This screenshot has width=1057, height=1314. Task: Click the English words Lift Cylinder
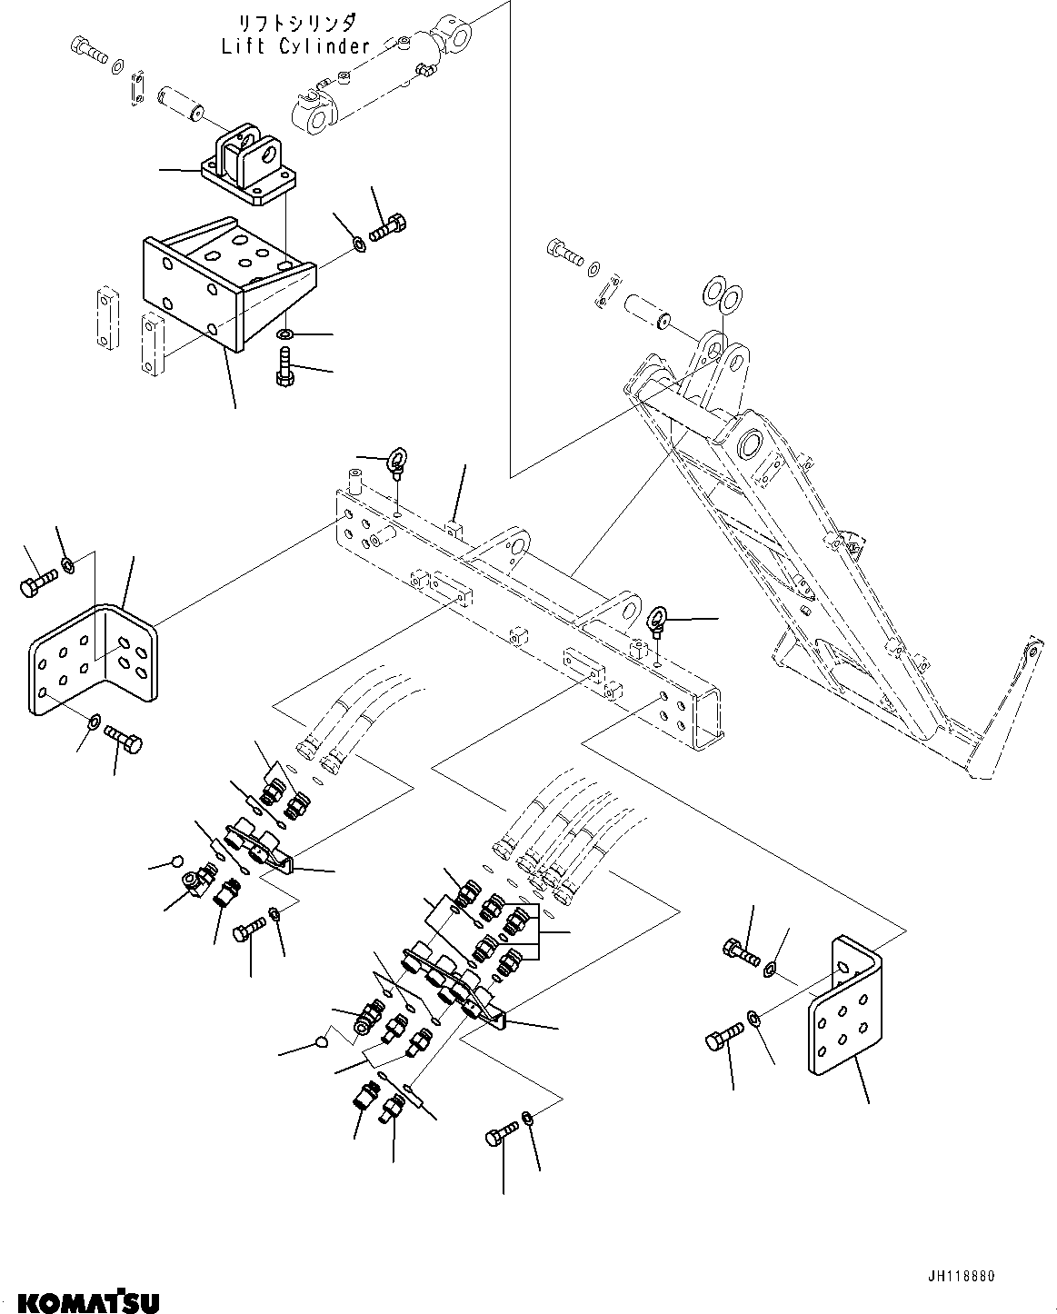(295, 46)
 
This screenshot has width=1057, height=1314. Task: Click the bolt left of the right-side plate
(723, 1035)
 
